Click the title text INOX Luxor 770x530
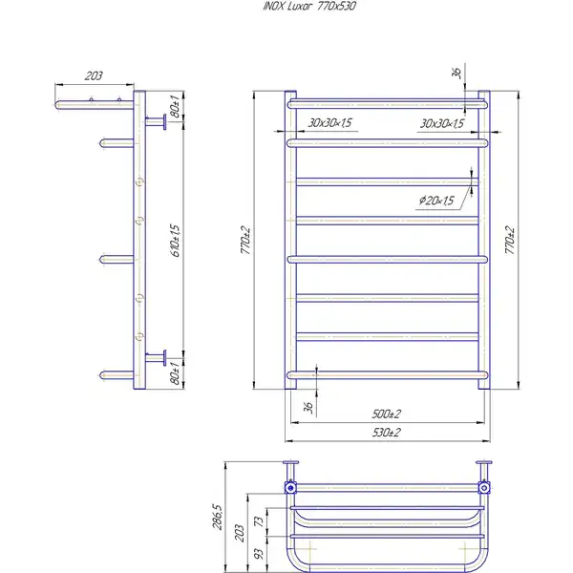pyautogui.click(x=309, y=7)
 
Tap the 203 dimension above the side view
pyautogui.click(x=94, y=75)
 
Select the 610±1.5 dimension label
pyautogui.click(x=176, y=241)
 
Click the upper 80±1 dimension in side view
pyautogui.click(x=175, y=106)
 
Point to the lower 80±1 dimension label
pyautogui.click(x=175, y=373)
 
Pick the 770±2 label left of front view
pyautogui.click(x=245, y=240)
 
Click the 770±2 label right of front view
pyautogui.click(x=510, y=240)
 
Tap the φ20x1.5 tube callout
pyautogui.click(x=436, y=201)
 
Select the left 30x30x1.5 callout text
pyautogui.click(x=329, y=123)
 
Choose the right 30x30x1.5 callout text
pyautogui.click(x=442, y=123)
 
